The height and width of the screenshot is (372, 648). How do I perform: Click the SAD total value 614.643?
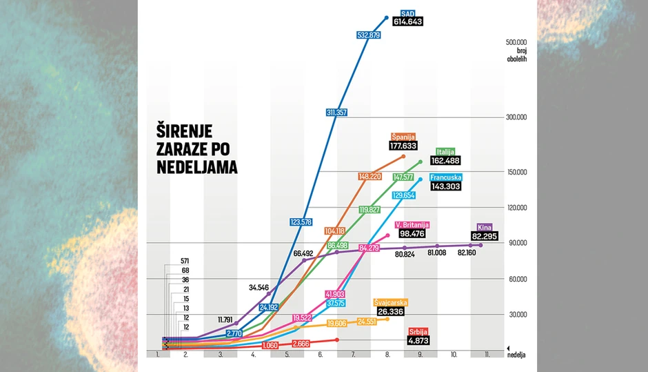point(407,21)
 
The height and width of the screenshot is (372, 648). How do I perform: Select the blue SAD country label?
point(407,12)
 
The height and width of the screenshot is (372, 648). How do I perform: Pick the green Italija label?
point(445,152)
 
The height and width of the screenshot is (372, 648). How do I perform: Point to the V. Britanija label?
point(412,225)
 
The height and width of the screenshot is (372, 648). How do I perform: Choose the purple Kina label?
point(485,227)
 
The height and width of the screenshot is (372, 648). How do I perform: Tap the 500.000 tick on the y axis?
point(516,41)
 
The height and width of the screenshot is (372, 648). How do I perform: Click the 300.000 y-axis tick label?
point(516,117)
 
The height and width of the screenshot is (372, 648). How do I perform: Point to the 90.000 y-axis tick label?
point(517,243)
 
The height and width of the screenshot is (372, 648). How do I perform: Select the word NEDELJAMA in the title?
point(194,167)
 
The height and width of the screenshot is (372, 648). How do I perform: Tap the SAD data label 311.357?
point(336,112)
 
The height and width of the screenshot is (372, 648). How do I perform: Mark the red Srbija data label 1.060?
point(270,344)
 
